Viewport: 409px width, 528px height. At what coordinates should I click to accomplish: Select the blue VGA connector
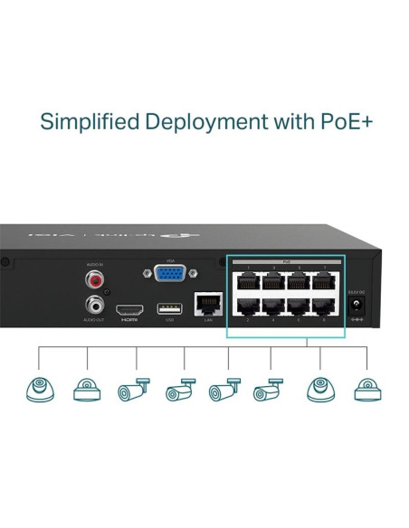pyautogui.click(x=166, y=276)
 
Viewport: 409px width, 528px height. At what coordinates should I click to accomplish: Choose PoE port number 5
pyautogui.click(x=299, y=280)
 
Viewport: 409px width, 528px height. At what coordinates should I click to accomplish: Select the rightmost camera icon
pyautogui.click(x=366, y=388)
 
